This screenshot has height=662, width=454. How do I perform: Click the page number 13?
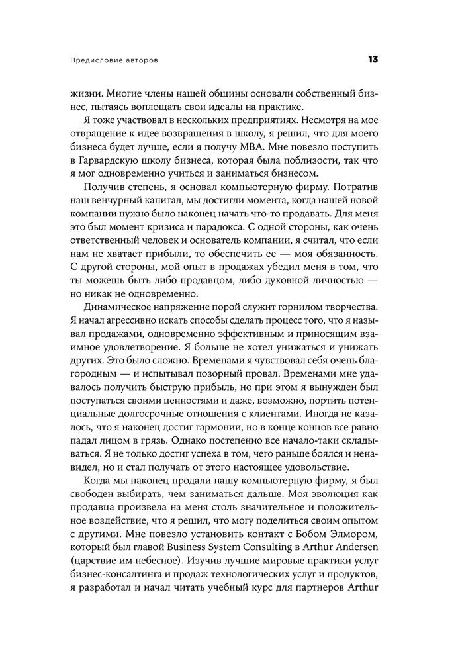[x=373, y=60]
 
